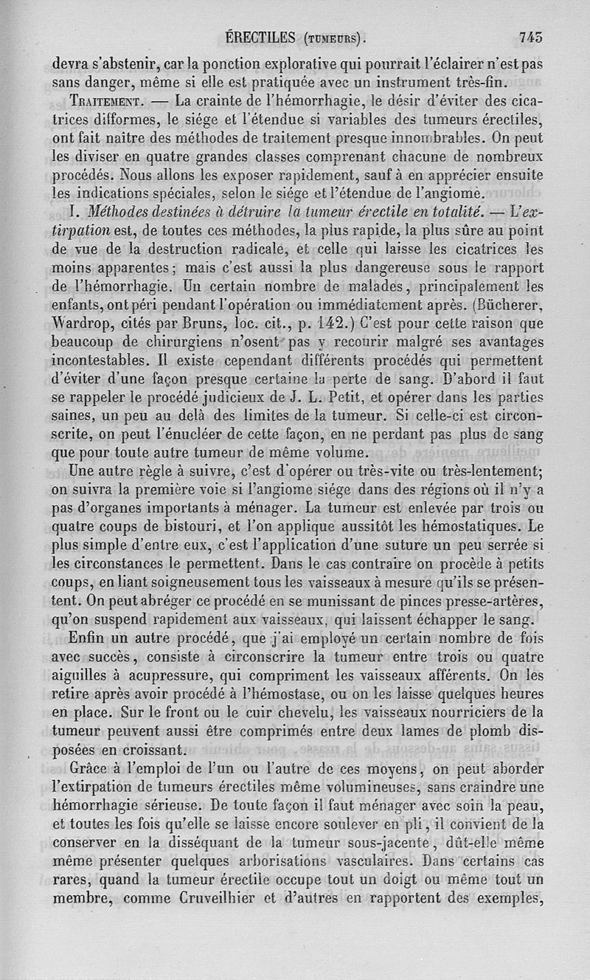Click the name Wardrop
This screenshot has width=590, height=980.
[84, 322]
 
